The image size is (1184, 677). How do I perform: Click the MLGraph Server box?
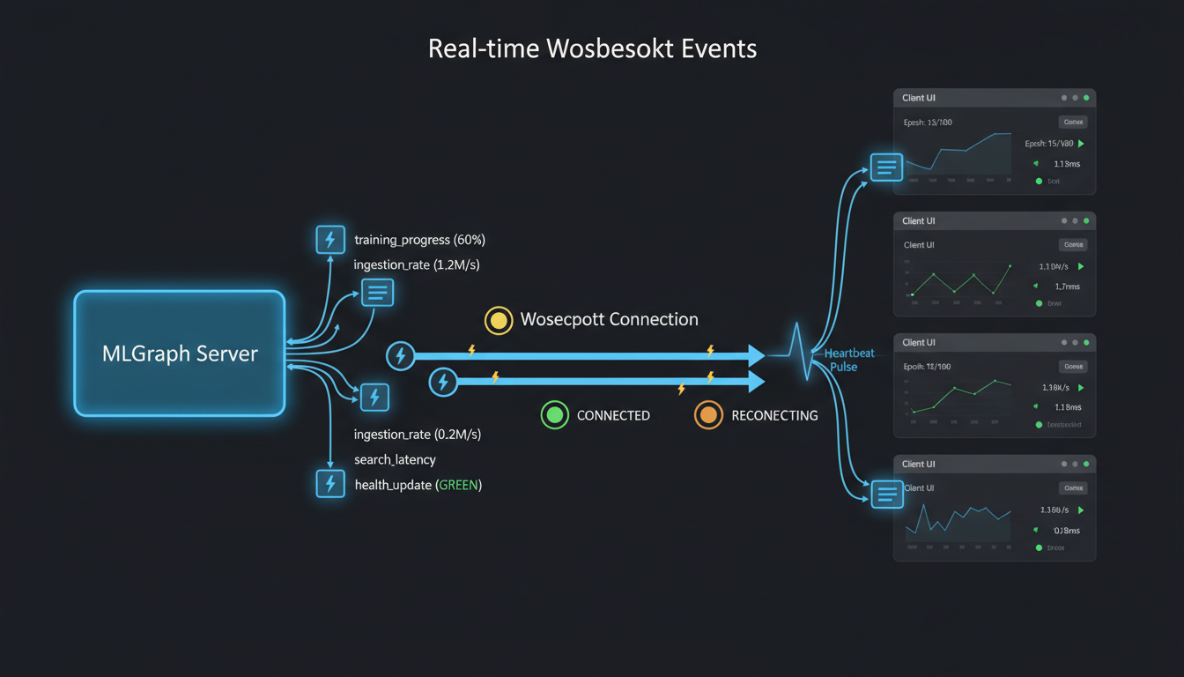click(180, 353)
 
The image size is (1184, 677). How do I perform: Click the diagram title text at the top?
click(592, 48)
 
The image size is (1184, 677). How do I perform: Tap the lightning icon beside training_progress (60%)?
click(330, 240)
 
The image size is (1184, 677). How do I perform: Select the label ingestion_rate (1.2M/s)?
click(417, 264)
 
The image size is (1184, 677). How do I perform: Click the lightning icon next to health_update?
click(330, 484)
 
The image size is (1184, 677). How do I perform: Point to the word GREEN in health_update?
click(458, 485)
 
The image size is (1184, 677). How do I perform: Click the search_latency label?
click(395, 459)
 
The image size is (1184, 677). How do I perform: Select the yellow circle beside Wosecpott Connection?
click(499, 320)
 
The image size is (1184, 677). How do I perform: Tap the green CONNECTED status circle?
click(555, 415)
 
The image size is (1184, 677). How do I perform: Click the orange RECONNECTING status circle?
click(708, 415)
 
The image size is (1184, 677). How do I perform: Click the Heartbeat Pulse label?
click(847, 360)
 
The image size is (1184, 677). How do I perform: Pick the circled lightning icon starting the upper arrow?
click(401, 355)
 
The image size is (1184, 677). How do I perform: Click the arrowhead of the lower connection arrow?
click(756, 382)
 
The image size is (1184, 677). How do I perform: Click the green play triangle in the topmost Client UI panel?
click(1081, 144)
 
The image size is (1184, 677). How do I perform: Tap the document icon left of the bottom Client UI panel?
click(887, 495)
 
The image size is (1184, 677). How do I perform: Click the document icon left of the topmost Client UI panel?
click(886, 167)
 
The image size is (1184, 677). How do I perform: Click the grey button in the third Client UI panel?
click(1072, 367)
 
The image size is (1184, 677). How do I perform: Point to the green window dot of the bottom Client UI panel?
click(1086, 464)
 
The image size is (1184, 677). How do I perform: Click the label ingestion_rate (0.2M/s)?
click(417, 435)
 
